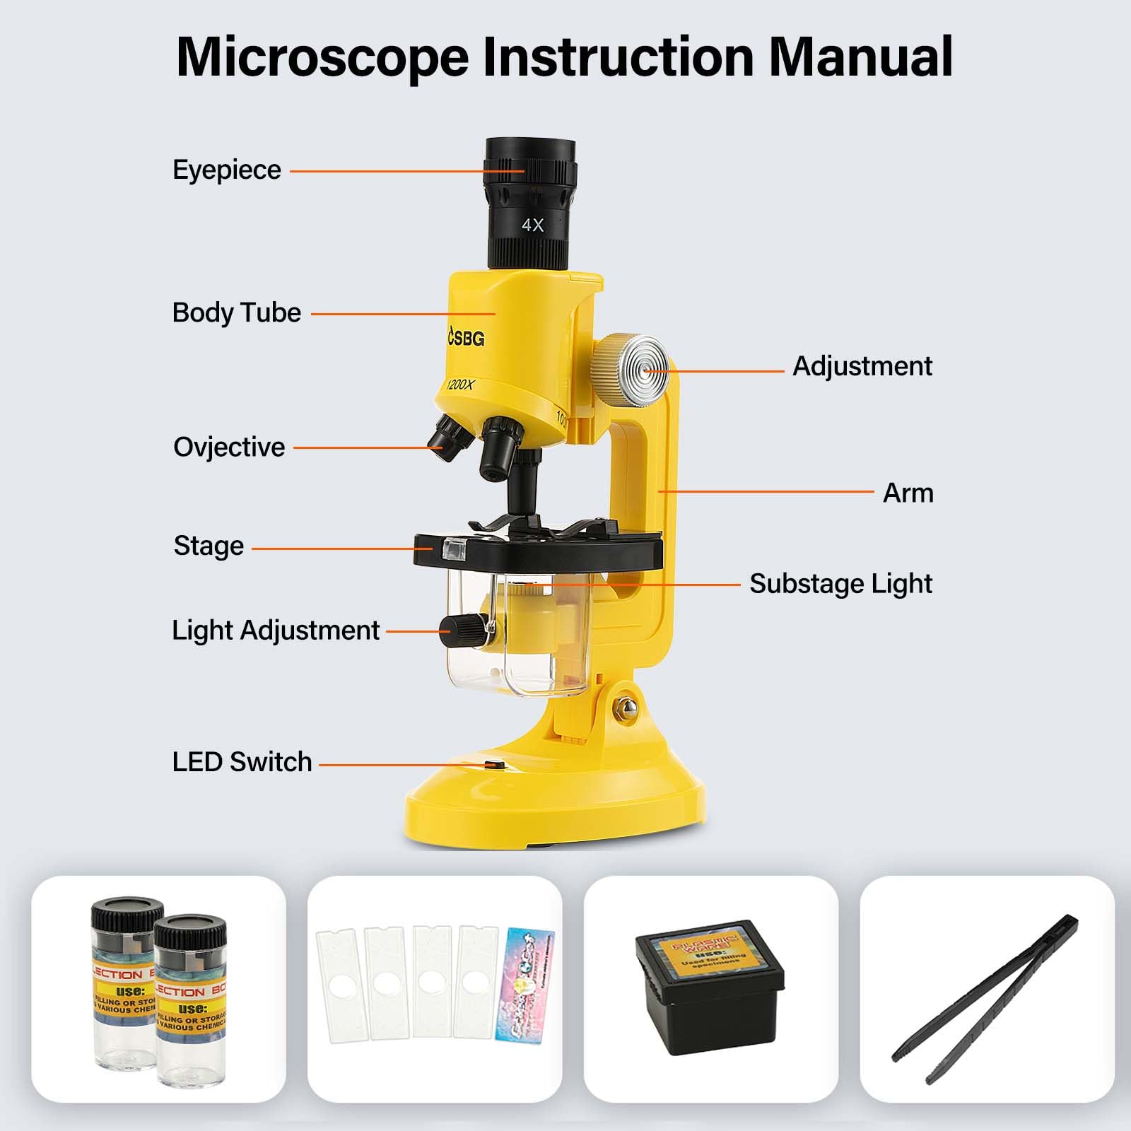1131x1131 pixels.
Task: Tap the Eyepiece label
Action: tap(227, 170)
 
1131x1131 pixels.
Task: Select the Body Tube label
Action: tap(237, 312)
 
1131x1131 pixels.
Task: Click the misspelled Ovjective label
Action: tap(229, 447)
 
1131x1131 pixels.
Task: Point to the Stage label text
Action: tap(209, 546)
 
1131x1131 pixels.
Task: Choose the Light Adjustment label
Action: tap(276, 631)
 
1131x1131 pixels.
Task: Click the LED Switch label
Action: tap(242, 762)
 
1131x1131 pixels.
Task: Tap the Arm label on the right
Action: tap(908, 493)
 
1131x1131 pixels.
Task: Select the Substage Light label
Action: tap(840, 584)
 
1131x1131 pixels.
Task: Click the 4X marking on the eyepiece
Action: tap(532, 225)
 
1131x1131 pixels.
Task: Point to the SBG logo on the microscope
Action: tap(467, 339)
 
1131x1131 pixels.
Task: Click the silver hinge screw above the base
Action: tap(625, 708)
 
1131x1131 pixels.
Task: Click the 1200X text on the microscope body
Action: tap(460, 385)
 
